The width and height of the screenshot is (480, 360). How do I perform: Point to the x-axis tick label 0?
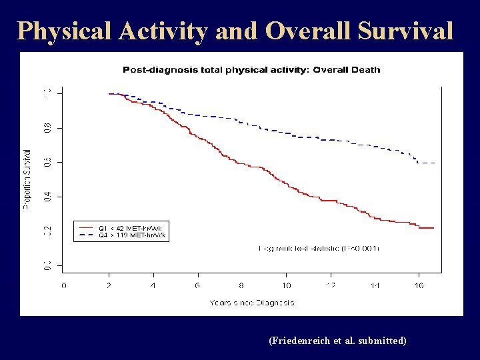64,285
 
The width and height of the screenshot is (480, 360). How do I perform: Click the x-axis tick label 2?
109,285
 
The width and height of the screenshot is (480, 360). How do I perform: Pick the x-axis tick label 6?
197,285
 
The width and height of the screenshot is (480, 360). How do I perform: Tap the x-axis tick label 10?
286,285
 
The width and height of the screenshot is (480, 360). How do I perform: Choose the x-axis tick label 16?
419,285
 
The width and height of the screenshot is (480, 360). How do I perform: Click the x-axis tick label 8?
241,285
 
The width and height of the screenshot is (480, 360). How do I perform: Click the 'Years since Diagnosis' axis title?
252,303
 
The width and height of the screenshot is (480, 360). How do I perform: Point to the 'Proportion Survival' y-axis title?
27,179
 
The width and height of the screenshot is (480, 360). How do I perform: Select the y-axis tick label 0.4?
47,197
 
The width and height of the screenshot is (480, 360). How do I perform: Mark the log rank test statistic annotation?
319,248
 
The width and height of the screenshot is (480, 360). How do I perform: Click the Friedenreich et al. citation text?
337,341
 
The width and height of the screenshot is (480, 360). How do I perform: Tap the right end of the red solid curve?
433,228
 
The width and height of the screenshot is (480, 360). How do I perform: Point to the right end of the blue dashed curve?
435,163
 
